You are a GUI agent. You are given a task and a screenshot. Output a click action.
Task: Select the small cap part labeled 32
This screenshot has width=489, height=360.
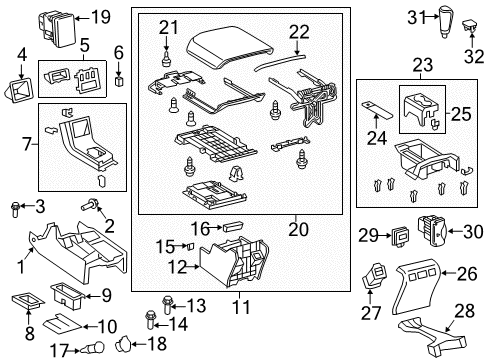[x=472, y=34]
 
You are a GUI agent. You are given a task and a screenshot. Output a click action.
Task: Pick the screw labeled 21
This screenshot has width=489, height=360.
[x=164, y=54]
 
